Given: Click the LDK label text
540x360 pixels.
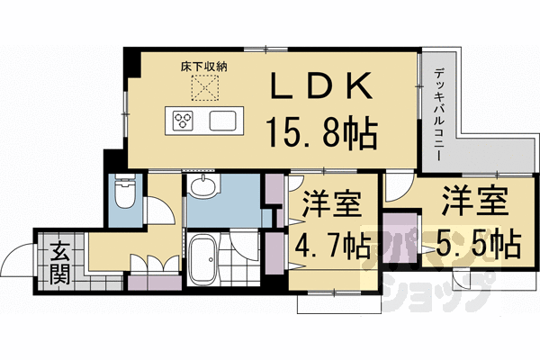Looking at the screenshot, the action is (321, 85).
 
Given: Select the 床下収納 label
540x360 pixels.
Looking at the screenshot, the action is (204, 67).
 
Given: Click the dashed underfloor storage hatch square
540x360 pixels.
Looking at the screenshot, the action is (205, 88).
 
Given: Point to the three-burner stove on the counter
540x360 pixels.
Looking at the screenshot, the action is (183, 121).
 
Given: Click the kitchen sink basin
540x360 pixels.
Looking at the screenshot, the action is (223, 121).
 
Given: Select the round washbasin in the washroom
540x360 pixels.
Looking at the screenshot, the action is (203, 185).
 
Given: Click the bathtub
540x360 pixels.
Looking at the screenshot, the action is (202, 259).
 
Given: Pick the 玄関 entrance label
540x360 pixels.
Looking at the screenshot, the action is (60, 263).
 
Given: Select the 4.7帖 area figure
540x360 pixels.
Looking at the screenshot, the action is (333, 246).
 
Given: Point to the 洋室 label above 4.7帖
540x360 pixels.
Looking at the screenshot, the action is (331, 203).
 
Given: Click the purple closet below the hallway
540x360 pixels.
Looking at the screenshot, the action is (155, 283).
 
